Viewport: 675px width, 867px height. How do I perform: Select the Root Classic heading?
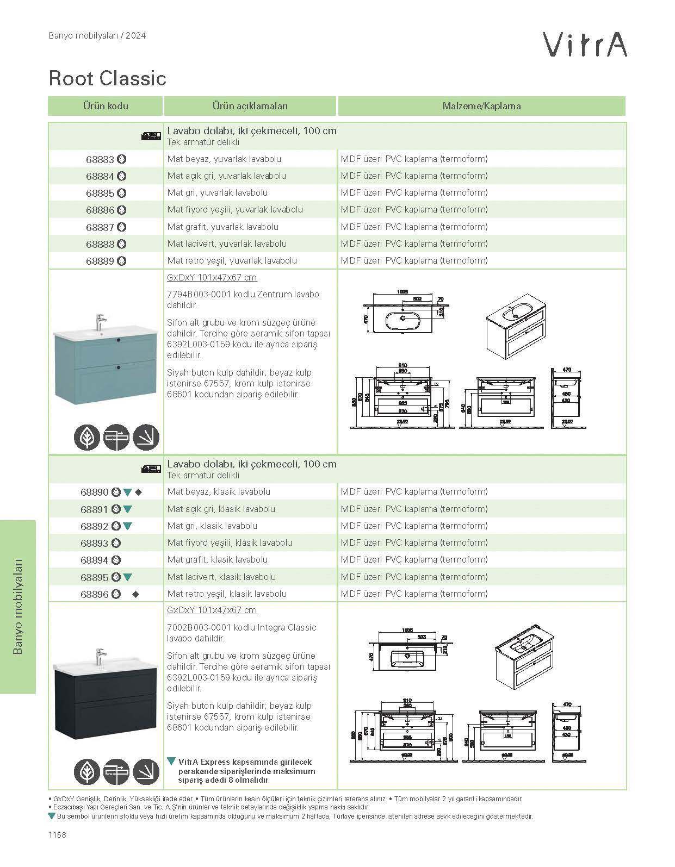point(107,78)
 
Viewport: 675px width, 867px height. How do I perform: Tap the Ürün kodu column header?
point(106,106)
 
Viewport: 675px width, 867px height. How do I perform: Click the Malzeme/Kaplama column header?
point(481,106)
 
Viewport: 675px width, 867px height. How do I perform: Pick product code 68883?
point(100,159)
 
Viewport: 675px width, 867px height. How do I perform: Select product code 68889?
point(100,261)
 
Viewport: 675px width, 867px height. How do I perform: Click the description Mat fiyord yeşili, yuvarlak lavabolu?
point(235,210)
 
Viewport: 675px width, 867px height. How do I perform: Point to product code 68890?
point(95,492)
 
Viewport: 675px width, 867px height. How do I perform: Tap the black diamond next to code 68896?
point(136,594)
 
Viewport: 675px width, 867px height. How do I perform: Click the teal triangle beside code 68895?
point(128,577)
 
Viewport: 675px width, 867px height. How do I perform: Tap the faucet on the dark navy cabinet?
point(100,656)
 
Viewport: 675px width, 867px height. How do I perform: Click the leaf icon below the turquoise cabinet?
point(87,437)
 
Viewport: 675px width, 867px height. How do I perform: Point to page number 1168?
point(57,835)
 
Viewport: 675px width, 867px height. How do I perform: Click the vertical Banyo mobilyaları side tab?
point(18,606)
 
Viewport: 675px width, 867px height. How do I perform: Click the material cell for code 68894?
point(414,560)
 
